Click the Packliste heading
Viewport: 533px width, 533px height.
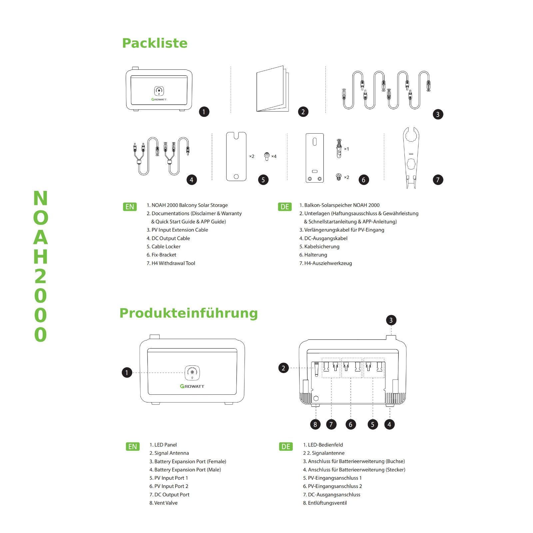pyautogui.click(x=155, y=43)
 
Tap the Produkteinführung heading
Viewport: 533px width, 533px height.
pyautogui.click(x=189, y=313)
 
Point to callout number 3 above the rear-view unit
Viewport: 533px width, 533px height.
pyautogui.click(x=391, y=320)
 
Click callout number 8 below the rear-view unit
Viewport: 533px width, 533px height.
pyautogui.click(x=315, y=424)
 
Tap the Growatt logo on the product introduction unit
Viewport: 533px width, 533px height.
pyautogui.click(x=192, y=386)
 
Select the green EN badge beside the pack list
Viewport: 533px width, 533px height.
pyautogui.click(x=130, y=207)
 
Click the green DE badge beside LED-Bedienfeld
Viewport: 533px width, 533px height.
pyautogui.click(x=286, y=446)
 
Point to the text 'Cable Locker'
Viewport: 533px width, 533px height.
pyautogui.click(x=166, y=247)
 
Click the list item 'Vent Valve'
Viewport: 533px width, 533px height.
pyautogui.click(x=166, y=503)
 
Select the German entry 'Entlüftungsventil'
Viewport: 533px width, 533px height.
pyautogui.click(x=327, y=503)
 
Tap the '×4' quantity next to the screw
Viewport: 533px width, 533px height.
pyautogui.click(x=274, y=156)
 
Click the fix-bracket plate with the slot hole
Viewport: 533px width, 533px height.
pyautogui.click(x=315, y=158)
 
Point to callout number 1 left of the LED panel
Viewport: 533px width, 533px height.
pyautogui.click(x=127, y=372)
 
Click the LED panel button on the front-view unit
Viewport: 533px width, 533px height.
pyautogui.click(x=192, y=372)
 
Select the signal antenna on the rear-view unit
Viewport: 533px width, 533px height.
pyautogui.click(x=316, y=369)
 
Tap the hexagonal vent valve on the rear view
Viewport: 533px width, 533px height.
pyautogui.click(x=315, y=398)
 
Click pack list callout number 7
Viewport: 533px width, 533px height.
pyautogui.click(x=438, y=180)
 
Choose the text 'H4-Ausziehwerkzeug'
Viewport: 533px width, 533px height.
pyautogui.click(x=328, y=263)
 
